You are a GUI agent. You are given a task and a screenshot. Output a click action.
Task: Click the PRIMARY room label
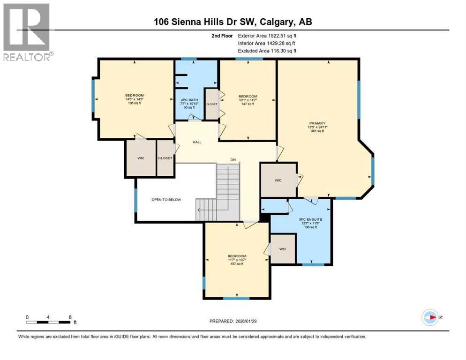[317, 123]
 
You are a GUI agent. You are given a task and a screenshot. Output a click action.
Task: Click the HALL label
[197, 142]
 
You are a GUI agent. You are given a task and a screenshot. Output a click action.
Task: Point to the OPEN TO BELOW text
[166, 199]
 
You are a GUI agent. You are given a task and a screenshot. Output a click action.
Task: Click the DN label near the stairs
[233, 160]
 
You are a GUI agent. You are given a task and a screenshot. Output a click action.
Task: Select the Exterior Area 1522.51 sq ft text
[267, 36]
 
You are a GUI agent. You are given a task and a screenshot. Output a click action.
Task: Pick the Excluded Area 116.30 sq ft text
[267, 51]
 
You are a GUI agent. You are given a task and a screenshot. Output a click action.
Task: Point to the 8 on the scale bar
[70, 317]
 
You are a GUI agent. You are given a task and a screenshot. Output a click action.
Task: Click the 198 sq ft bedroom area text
[135, 103]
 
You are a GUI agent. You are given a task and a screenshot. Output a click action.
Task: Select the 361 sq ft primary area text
[317, 131]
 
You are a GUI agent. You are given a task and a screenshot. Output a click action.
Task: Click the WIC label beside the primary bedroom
[278, 180]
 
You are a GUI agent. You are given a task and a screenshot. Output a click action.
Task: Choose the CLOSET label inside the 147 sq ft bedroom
[212, 104]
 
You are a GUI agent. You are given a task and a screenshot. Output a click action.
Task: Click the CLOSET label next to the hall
[165, 158]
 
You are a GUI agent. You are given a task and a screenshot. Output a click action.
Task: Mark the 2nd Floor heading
[222, 36]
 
